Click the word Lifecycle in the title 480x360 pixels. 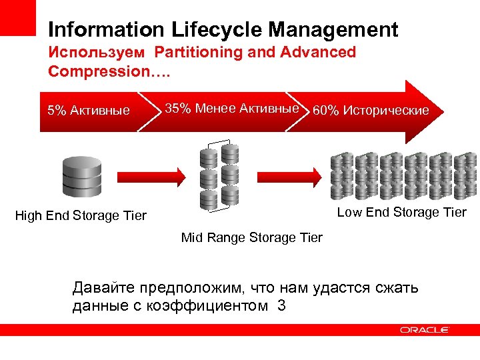208,30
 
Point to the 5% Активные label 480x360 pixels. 89,110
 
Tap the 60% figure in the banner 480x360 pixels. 325,111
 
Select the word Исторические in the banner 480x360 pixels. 386,111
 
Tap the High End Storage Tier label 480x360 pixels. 81,215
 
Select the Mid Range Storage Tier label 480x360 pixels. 251,237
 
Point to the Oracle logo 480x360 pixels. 425,330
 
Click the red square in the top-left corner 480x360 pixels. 17,17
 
